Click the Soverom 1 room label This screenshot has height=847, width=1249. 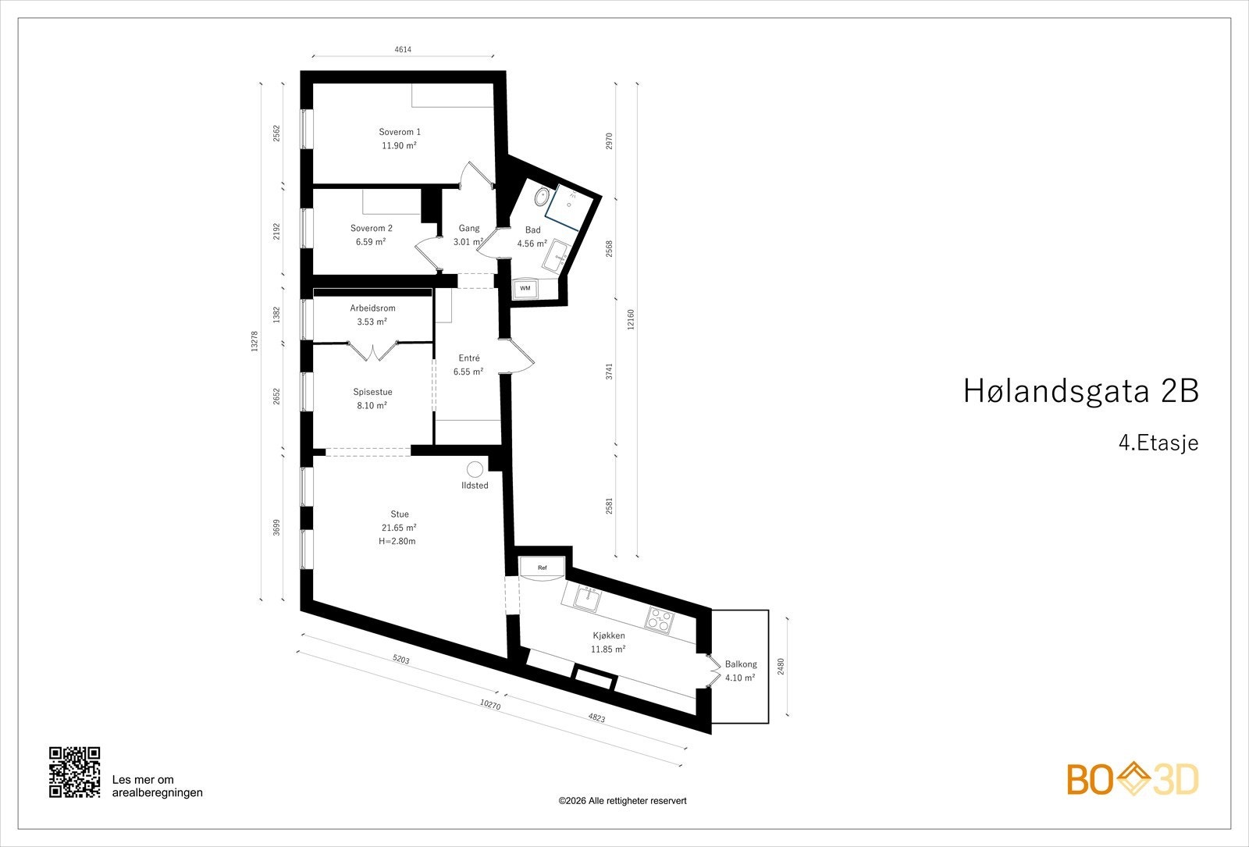tap(399, 132)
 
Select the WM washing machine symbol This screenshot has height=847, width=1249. tap(525, 288)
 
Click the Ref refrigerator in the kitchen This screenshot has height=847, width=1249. tap(542, 568)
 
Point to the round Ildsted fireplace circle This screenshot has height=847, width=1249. tap(475, 469)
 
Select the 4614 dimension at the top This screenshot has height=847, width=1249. tap(402, 49)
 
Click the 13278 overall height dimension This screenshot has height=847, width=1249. tap(254, 342)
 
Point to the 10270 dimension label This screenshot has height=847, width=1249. tap(489, 704)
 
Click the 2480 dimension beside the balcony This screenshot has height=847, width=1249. tap(781, 667)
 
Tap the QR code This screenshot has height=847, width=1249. tap(75, 772)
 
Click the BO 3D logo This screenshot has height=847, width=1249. tap(1132, 780)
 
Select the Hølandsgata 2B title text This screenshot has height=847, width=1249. tap(1080, 391)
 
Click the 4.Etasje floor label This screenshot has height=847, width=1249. tap(1158, 443)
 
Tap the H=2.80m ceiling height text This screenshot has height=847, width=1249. tap(397, 541)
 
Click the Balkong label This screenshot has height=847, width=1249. tap(740, 664)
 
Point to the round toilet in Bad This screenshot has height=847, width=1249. tap(542, 198)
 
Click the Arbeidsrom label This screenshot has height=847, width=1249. tap(372, 308)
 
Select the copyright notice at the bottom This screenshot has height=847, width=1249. tap(622, 801)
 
